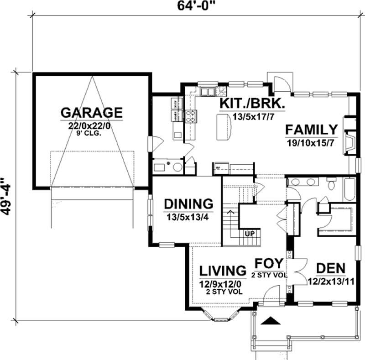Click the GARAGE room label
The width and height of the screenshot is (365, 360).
click(92, 112)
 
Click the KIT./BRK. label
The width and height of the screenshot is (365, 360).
click(252, 104)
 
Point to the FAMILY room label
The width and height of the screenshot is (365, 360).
click(312, 130)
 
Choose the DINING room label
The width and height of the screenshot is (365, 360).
click(188, 203)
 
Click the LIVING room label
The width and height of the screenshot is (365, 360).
click(223, 271)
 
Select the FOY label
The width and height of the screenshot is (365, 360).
click(269, 264)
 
